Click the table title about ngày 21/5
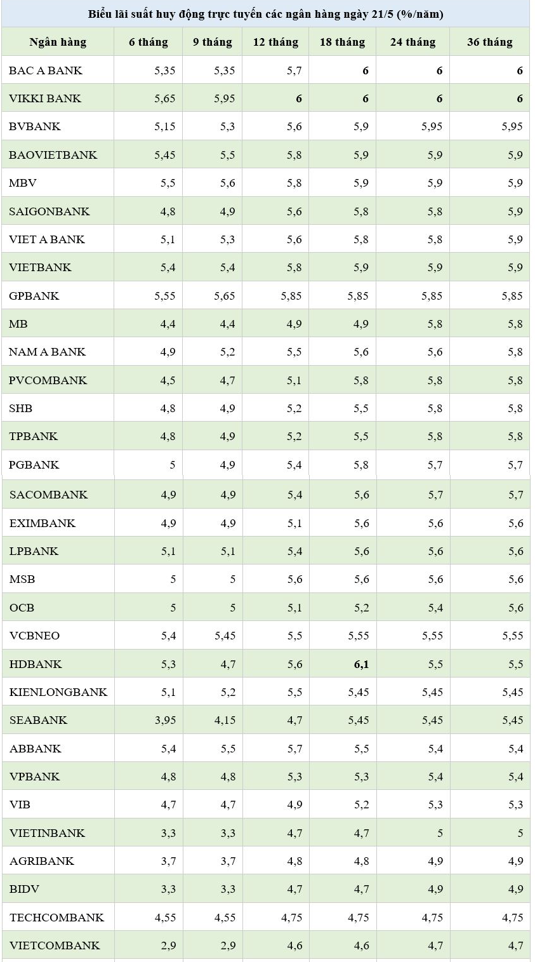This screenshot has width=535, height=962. (x=265, y=14)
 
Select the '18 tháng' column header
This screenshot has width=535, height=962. (x=342, y=43)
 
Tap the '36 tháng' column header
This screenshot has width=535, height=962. (x=489, y=43)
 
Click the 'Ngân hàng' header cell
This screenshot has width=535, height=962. (x=58, y=43)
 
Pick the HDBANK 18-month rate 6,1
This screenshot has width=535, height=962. (x=361, y=664)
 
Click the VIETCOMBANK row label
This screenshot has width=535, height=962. (x=55, y=945)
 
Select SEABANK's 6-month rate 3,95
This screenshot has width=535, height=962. (x=164, y=721)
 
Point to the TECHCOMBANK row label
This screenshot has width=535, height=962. (x=56, y=918)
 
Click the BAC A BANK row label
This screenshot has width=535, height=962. (x=46, y=70)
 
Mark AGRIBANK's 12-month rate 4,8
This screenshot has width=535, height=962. (x=294, y=862)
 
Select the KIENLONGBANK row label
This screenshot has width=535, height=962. (x=58, y=692)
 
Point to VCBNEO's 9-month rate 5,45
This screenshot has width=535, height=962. (x=225, y=636)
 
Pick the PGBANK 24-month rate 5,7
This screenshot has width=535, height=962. (x=435, y=465)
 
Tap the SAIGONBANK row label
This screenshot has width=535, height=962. (x=50, y=211)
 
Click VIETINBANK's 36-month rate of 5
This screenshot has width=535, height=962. (x=520, y=833)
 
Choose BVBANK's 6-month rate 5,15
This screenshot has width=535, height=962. (x=164, y=127)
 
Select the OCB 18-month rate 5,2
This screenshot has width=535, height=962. (x=361, y=608)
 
